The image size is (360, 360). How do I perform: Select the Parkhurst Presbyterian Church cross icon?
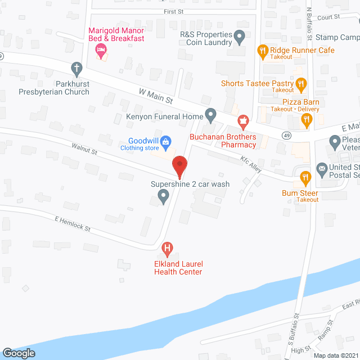tap(77, 69)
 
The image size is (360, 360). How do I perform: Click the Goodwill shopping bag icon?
tap(166, 142)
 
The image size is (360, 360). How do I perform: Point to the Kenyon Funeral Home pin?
tap(210, 116)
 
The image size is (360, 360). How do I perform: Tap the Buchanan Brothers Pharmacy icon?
tap(243, 120)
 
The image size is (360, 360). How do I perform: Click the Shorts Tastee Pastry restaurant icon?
tap(301, 84)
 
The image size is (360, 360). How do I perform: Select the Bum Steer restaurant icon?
tap(305, 177)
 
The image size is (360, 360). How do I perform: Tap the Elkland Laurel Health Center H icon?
tap(166, 247)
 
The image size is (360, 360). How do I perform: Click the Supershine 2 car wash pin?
tap(163, 196)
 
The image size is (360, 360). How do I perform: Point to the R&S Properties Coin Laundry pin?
tap(239, 38)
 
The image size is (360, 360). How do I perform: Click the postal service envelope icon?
tap(322, 168)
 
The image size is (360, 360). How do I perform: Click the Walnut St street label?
tap(84, 150)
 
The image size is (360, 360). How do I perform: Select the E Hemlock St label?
tap(73, 224)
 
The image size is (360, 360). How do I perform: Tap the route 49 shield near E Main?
tap(287, 136)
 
